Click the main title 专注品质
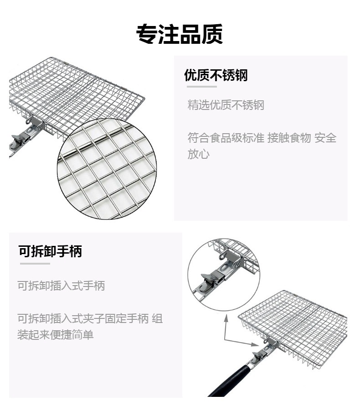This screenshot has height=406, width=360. click(180, 34)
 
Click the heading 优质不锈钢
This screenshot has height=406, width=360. click(216, 75)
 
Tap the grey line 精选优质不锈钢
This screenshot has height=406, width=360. click(226, 105)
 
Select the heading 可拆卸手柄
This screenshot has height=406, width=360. click(50, 251)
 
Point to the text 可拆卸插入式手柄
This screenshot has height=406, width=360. click(61, 286)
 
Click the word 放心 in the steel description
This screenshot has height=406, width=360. click(198, 154)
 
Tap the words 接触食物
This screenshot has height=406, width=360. click(289, 138)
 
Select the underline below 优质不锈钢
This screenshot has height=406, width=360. click(200, 86)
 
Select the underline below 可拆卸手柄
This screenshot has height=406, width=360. click(34, 263)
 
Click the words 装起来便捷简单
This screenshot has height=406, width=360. click(56, 335)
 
